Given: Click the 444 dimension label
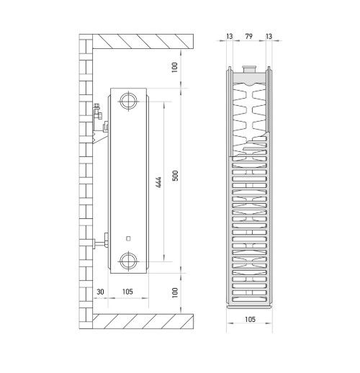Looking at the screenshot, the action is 158,182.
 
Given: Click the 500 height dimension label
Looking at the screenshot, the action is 176,176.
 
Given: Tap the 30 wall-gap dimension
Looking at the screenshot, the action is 100,292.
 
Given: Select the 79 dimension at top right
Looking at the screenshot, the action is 249,36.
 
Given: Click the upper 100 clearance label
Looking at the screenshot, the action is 175,67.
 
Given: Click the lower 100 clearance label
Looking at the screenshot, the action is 175,292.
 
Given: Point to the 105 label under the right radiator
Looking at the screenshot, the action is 250,319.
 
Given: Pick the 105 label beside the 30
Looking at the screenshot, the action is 127,292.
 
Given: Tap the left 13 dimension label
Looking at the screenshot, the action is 230,36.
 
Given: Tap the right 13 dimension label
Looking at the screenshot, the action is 269,36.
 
